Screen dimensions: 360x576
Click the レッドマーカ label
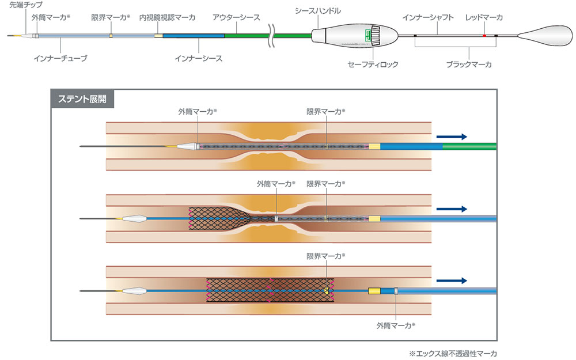coord(484,18)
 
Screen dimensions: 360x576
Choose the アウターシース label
coord(236,18)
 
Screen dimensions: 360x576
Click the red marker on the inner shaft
coord(484,36)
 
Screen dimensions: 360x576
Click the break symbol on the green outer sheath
coord(270,36)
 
